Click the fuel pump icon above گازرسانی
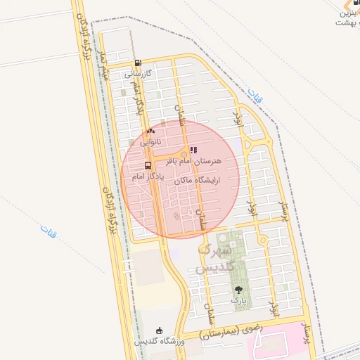[137, 63]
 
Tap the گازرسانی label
[139, 73]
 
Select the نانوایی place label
[150, 141]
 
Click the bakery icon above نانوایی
[150, 131]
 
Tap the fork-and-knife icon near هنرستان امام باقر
[194, 150]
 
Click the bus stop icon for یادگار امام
[148, 166]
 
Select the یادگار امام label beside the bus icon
[148, 176]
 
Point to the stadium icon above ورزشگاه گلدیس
[160, 331]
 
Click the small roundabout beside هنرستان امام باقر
[184, 154]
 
